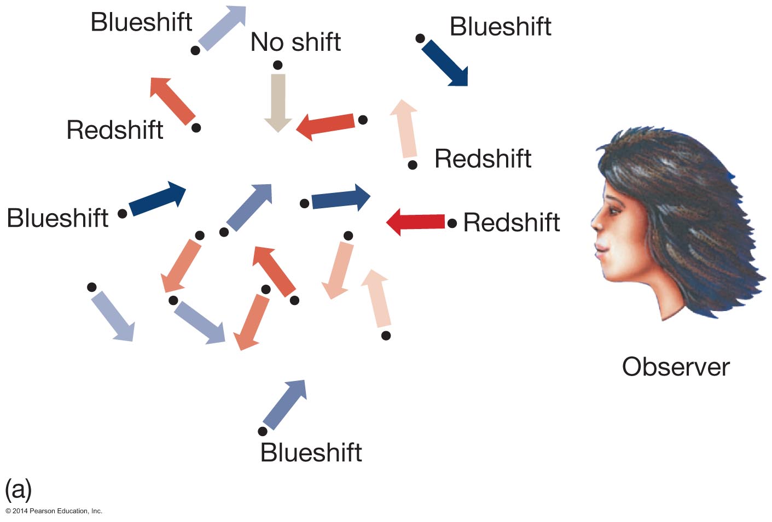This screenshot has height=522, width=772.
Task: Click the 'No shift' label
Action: coord(295,42)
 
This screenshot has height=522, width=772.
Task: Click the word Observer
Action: coord(676,367)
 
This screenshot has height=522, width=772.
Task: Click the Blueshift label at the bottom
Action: coord(311,453)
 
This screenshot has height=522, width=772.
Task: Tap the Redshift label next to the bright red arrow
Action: coord(512,222)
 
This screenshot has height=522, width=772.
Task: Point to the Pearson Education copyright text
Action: coord(54,511)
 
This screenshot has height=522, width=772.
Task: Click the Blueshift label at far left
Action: coord(57,218)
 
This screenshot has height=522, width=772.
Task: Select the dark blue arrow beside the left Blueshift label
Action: coord(158,199)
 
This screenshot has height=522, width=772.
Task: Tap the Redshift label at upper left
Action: coord(115,130)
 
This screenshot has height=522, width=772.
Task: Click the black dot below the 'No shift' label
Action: coord(278,66)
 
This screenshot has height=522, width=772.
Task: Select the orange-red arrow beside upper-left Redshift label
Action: coord(172,101)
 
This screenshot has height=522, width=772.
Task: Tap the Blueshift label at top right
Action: coord(500,27)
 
